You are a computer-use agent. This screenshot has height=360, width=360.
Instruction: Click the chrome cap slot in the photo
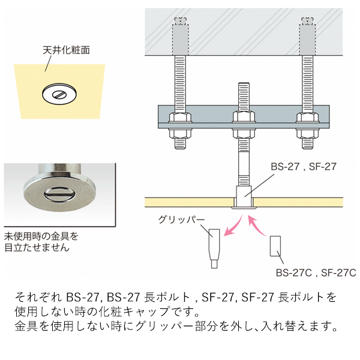58,193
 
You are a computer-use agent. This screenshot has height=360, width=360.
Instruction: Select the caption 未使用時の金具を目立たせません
41,241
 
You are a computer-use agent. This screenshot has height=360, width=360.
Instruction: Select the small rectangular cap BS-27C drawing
276,246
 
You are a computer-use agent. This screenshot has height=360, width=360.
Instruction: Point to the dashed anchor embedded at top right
305,37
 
